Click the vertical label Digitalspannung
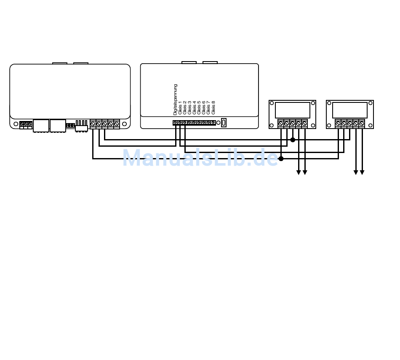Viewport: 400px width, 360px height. click(x=175, y=99)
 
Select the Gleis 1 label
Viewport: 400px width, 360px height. click(x=180, y=107)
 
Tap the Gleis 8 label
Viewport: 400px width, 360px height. click(x=213, y=107)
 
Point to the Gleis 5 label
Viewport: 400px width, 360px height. click(x=199, y=107)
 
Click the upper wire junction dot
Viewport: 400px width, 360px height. click(x=293, y=140)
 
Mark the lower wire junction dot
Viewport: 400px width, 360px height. click(x=281, y=159)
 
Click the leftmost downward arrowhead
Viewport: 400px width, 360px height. click(x=299, y=172)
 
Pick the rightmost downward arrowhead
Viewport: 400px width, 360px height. click(x=362, y=172)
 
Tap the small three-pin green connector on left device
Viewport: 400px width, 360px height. click(x=26, y=125)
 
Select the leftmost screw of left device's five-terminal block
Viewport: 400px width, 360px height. click(x=93, y=124)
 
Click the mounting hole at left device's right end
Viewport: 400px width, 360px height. click(x=124, y=124)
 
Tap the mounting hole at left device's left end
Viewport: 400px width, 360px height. click(x=16, y=124)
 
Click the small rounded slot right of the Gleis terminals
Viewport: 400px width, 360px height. click(x=224, y=123)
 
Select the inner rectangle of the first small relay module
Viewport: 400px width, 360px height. click(x=293, y=110)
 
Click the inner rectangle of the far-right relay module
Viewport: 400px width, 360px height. click(x=350, y=110)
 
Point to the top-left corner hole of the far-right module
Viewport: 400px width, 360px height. click(x=329, y=103)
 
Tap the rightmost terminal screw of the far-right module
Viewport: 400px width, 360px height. click(x=362, y=124)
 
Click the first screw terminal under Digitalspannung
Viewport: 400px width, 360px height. click(x=175, y=123)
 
